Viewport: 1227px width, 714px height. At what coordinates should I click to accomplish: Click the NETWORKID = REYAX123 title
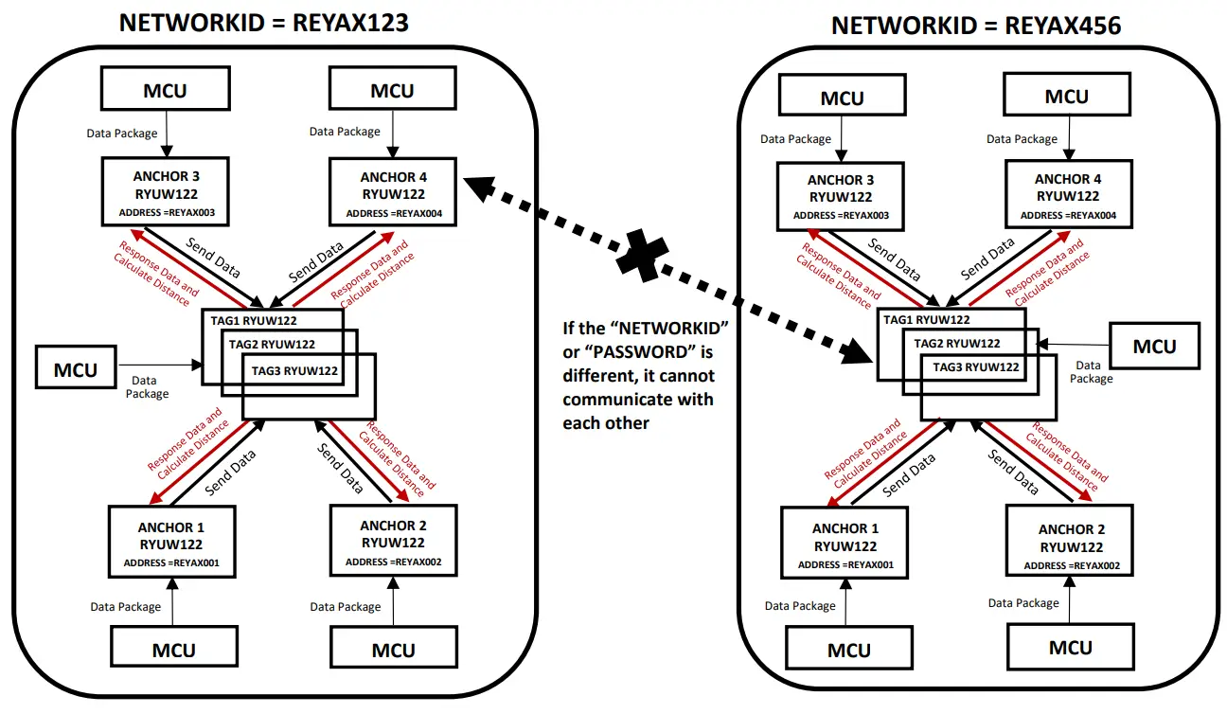[x=263, y=23]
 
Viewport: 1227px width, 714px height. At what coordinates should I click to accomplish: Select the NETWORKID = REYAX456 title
[x=975, y=26]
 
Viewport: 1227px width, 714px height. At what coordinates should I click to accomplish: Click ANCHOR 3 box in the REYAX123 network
[x=167, y=193]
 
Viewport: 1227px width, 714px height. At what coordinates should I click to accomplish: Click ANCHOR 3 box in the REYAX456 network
[x=841, y=197]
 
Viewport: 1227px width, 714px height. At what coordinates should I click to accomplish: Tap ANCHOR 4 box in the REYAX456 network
[x=1068, y=196]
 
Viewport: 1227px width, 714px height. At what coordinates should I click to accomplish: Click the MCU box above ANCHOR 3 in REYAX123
[x=166, y=91]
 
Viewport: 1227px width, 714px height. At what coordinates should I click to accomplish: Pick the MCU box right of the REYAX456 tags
[x=1154, y=347]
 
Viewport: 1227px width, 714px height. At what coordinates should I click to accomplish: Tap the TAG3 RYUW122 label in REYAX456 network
[x=975, y=366]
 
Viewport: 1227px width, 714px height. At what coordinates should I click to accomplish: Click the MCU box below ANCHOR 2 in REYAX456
[x=1071, y=648]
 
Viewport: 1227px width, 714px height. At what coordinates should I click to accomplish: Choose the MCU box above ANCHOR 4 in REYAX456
[x=1067, y=97]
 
